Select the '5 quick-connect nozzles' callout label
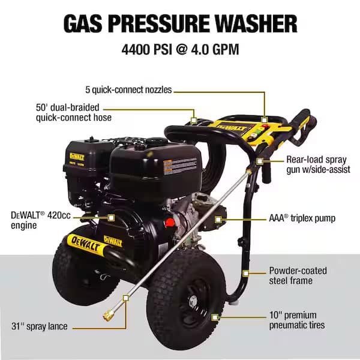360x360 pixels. pos(128,90)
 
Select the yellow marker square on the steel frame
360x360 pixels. pos(245,272)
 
